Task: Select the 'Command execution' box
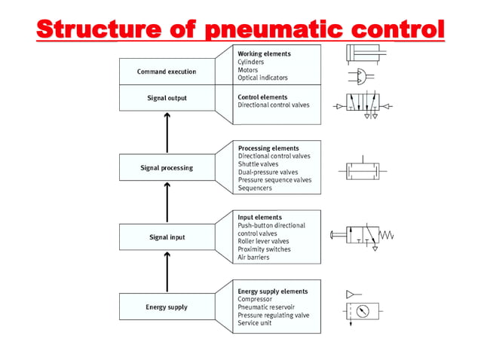(166, 72)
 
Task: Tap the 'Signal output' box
(166, 98)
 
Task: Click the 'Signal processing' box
(166, 168)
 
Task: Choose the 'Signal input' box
(166, 237)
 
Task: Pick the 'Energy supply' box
(166, 307)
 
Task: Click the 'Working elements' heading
(264, 54)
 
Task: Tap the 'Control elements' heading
(263, 97)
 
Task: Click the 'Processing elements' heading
(268, 148)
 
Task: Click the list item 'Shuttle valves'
(258, 164)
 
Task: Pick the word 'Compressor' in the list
(256, 299)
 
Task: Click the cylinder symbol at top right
(364, 53)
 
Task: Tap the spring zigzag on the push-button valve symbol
(385, 236)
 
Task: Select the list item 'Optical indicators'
(262, 78)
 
